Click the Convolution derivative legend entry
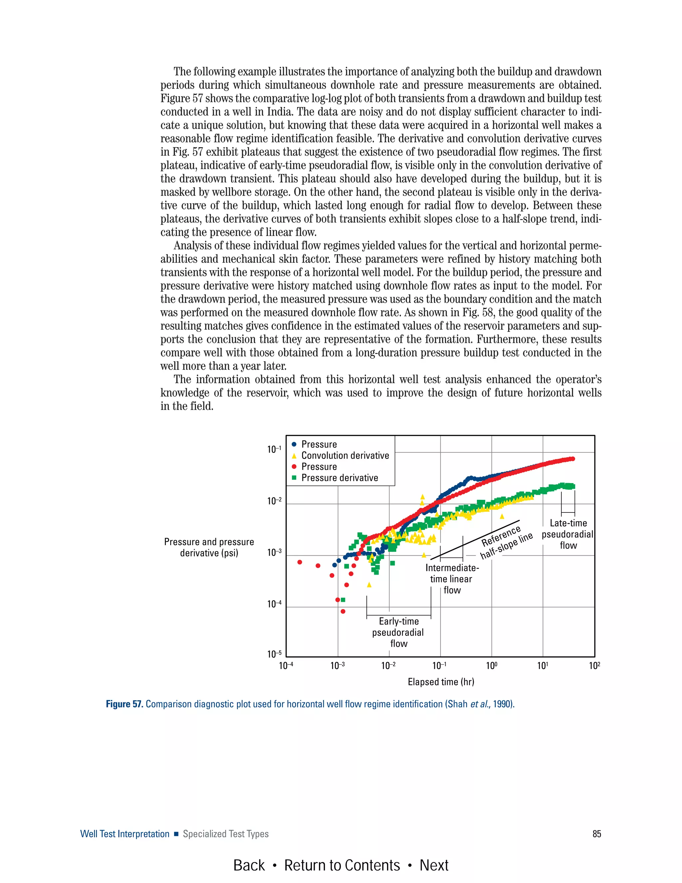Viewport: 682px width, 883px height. tap(345, 455)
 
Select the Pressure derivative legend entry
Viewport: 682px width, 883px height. tap(339, 478)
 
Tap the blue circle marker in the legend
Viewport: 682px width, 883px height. tap(294, 444)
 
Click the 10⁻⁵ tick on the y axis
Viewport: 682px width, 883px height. tap(274, 654)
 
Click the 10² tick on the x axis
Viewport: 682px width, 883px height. tap(594, 666)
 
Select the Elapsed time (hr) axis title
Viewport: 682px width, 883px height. tap(441, 682)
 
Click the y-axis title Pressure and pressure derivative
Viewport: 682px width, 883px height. tap(209, 547)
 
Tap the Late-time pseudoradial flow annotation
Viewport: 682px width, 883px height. tap(568, 534)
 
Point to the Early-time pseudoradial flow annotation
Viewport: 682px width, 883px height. tap(398, 632)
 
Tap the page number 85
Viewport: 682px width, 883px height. tap(596, 834)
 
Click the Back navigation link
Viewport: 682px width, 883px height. tap(249, 866)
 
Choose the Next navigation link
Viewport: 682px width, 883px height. tap(434, 866)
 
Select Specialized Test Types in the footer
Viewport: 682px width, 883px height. tap(225, 834)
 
